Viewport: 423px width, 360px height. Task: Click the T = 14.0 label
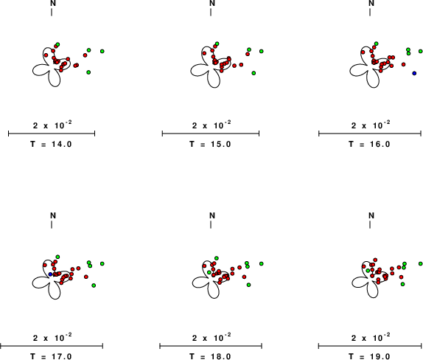pos(51,144)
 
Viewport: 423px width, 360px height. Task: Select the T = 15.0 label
pos(210,144)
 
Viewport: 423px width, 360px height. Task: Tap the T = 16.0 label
pos(369,144)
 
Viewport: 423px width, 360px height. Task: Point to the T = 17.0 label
pos(51,356)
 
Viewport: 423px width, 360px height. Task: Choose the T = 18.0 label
pos(210,356)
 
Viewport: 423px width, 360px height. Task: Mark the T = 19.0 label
pos(369,356)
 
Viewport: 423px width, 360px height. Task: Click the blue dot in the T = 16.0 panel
pos(414,73)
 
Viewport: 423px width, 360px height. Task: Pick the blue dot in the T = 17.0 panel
pos(50,274)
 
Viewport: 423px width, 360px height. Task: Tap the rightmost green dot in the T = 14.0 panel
pos(102,51)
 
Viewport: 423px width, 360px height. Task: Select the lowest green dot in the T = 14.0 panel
pos(88,72)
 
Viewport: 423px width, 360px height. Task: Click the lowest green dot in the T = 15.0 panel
pos(254,73)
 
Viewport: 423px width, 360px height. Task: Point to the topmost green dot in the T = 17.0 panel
pos(57,257)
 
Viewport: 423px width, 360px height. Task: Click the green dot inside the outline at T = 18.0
pos(209,272)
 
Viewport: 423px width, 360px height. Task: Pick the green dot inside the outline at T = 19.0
pos(368,270)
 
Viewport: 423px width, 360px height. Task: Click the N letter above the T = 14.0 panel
pos(53,3)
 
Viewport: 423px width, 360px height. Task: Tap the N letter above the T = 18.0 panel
pos(212,215)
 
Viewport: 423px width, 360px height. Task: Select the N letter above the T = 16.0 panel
pos(371,3)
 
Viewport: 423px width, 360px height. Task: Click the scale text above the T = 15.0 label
pos(212,125)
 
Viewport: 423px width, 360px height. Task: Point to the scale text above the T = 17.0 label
pos(52,337)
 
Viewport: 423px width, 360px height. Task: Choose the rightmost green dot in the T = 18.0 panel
pos(262,263)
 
